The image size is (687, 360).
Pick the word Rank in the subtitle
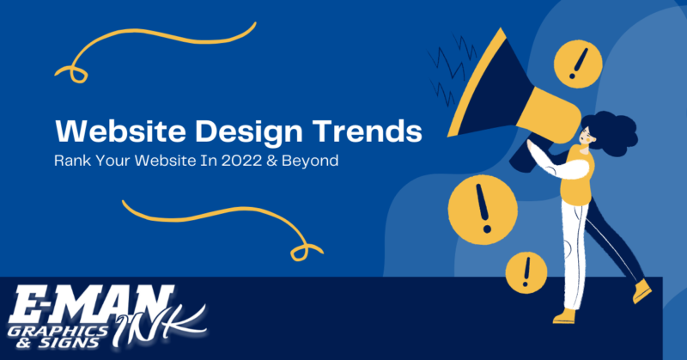pyautogui.click(x=71, y=161)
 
